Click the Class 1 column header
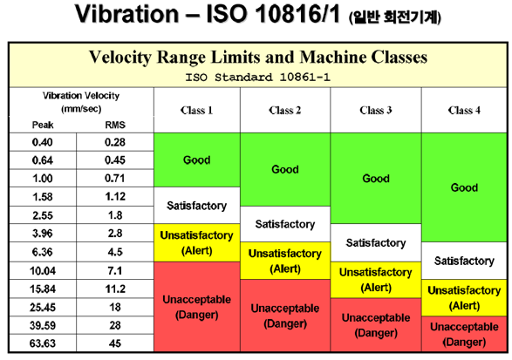tap(196, 111)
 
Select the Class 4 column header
tap(464, 111)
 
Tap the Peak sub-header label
tap(43, 125)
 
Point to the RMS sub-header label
tap(115, 125)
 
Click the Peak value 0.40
tap(43, 142)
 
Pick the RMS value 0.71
tap(114, 178)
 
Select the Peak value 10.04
tap(43, 270)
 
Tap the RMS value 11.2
tap(115, 289)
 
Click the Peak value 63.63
tap(43, 343)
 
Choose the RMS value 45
tap(115, 343)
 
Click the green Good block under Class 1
tap(197, 160)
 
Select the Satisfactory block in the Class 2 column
tap(285, 224)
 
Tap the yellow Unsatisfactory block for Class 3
tap(376, 280)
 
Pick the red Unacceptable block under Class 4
tap(464, 334)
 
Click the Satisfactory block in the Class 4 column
tap(464, 261)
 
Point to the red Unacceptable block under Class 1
tap(197, 307)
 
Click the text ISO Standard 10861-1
tap(258, 78)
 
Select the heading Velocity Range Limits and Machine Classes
tap(258, 58)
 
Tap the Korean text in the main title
tap(395, 17)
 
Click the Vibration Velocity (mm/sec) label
tap(81, 102)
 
